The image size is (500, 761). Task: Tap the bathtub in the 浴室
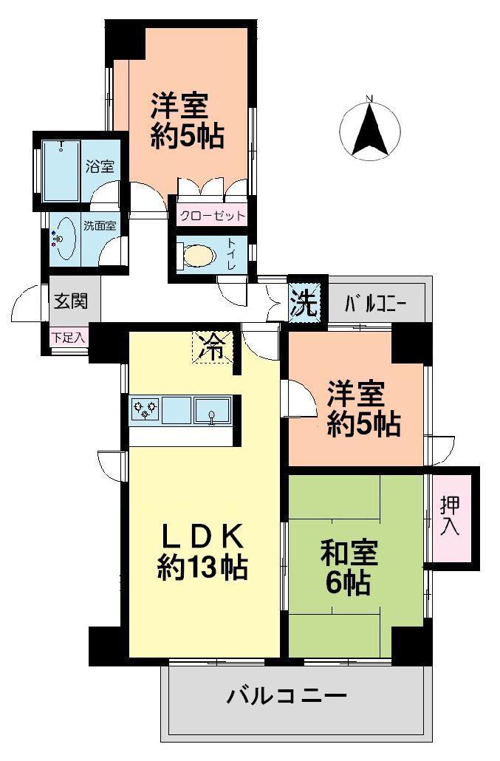[x=61, y=170]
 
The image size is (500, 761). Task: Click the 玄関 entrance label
[x=71, y=301]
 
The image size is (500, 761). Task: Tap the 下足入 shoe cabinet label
[x=68, y=337]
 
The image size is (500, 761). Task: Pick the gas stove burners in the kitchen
[x=145, y=409]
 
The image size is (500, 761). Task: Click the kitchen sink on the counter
[x=213, y=410]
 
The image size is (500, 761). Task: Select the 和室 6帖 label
[x=349, y=569]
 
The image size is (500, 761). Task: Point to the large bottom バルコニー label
[x=287, y=696]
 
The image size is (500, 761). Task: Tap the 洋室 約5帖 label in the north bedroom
[x=188, y=121]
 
